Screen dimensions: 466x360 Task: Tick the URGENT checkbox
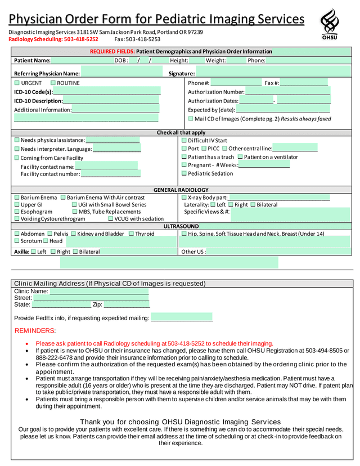pyautogui.click(x=17, y=83)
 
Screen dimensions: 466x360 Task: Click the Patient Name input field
pyautogui.click(x=82, y=60)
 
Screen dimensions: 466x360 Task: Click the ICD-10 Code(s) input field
pyautogui.click(x=107, y=92)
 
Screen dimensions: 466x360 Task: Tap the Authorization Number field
pyautogui.click(x=287, y=92)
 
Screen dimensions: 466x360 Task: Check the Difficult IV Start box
pyautogui.click(x=184, y=140)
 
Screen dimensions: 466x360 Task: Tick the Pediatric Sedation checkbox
pyautogui.click(x=184, y=173)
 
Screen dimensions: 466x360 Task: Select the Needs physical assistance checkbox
pyautogui.click(x=17, y=140)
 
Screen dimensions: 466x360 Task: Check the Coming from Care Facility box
pyautogui.click(x=17, y=158)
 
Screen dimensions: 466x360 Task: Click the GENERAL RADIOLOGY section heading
pyautogui.click(x=181, y=190)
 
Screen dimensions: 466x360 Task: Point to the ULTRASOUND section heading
pyautogui.click(x=181, y=226)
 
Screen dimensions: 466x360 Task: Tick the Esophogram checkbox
pyautogui.click(x=17, y=212)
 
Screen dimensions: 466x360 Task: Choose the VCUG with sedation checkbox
pyautogui.click(x=110, y=218)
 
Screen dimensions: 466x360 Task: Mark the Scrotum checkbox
pyautogui.click(x=17, y=241)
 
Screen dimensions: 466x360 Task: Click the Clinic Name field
pyautogui.click(x=99, y=292)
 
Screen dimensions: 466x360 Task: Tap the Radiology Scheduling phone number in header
pyautogui.click(x=53, y=39)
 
